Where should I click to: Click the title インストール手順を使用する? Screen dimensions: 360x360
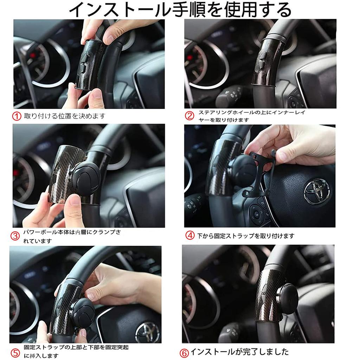tap(180, 10)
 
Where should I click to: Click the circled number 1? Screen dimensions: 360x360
tap(17, 116)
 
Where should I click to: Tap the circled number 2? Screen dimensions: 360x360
tap(189, 116)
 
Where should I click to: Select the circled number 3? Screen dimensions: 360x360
tap(15, 236)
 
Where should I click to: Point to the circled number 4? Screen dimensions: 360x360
tap(190, 236)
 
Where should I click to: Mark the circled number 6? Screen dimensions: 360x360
tap(185, 353)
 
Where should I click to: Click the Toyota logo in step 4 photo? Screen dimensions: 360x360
tap(317, 191)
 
